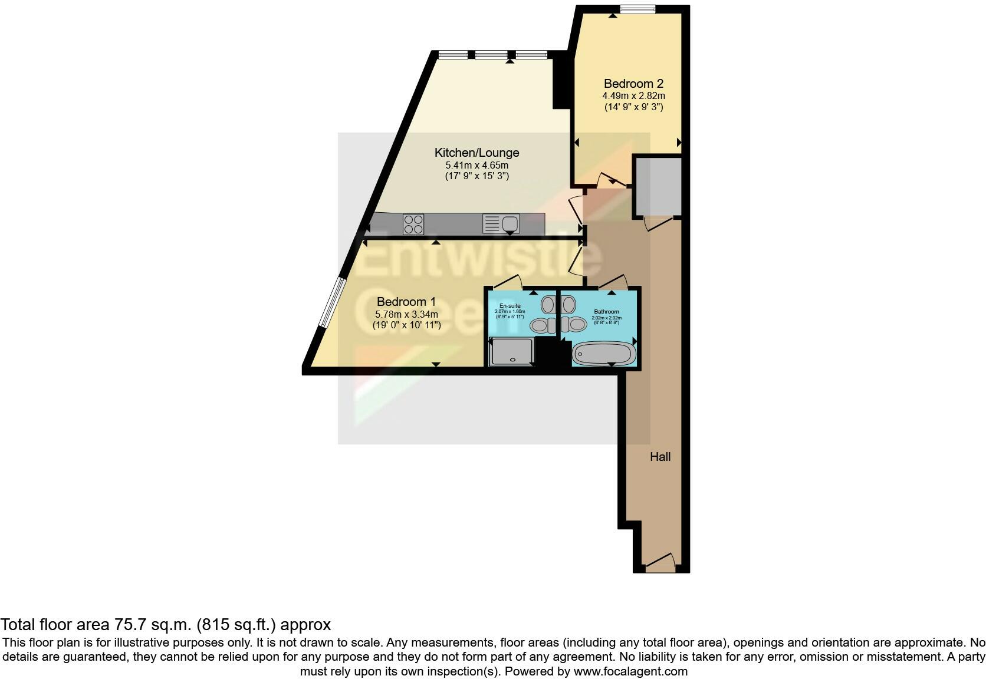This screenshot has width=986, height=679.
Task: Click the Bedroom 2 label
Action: click(x=633, y=84)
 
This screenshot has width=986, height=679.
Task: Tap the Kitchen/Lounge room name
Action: click(x=476, y=153)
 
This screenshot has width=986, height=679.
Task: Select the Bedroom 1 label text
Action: click(x=406, y=302)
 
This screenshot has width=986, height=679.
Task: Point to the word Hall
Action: click(x=660, y=456)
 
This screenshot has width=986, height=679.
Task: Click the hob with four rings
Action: click(x=413, y=225)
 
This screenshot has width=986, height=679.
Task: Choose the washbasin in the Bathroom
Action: click(x=568, y=305)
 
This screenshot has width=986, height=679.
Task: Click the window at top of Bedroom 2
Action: click(x=637, y=9)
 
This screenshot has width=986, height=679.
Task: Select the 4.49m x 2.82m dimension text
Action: click(x=633, y=95)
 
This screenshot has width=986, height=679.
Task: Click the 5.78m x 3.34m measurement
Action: click(x=406, y=314)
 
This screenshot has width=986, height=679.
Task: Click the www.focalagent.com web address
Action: click(x=630, y=671)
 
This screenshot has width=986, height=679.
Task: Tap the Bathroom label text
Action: click(x=606, y=312)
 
